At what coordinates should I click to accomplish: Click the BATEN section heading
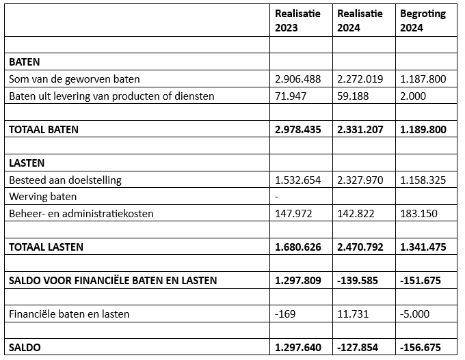click(24, 62)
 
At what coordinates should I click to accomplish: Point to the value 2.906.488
click(297, 79)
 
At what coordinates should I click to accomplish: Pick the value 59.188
click(353, 96)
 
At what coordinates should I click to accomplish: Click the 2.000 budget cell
click(413, 96)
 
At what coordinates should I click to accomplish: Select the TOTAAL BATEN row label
click(44, 129)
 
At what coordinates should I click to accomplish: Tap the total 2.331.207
click(360, 129)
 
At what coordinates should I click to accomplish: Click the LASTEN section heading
click(27, 163)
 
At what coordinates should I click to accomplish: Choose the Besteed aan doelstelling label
click(65, 180)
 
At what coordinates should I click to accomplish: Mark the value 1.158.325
click(423, 180)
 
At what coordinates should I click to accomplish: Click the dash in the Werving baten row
click(276, 197)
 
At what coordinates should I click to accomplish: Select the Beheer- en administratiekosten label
click(81, 214)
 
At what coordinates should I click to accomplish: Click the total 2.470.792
click(360, 247)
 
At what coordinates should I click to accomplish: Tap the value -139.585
click(358, 280)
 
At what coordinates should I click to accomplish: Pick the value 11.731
click(353, 314)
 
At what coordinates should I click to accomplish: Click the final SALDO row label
click(25, 347)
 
